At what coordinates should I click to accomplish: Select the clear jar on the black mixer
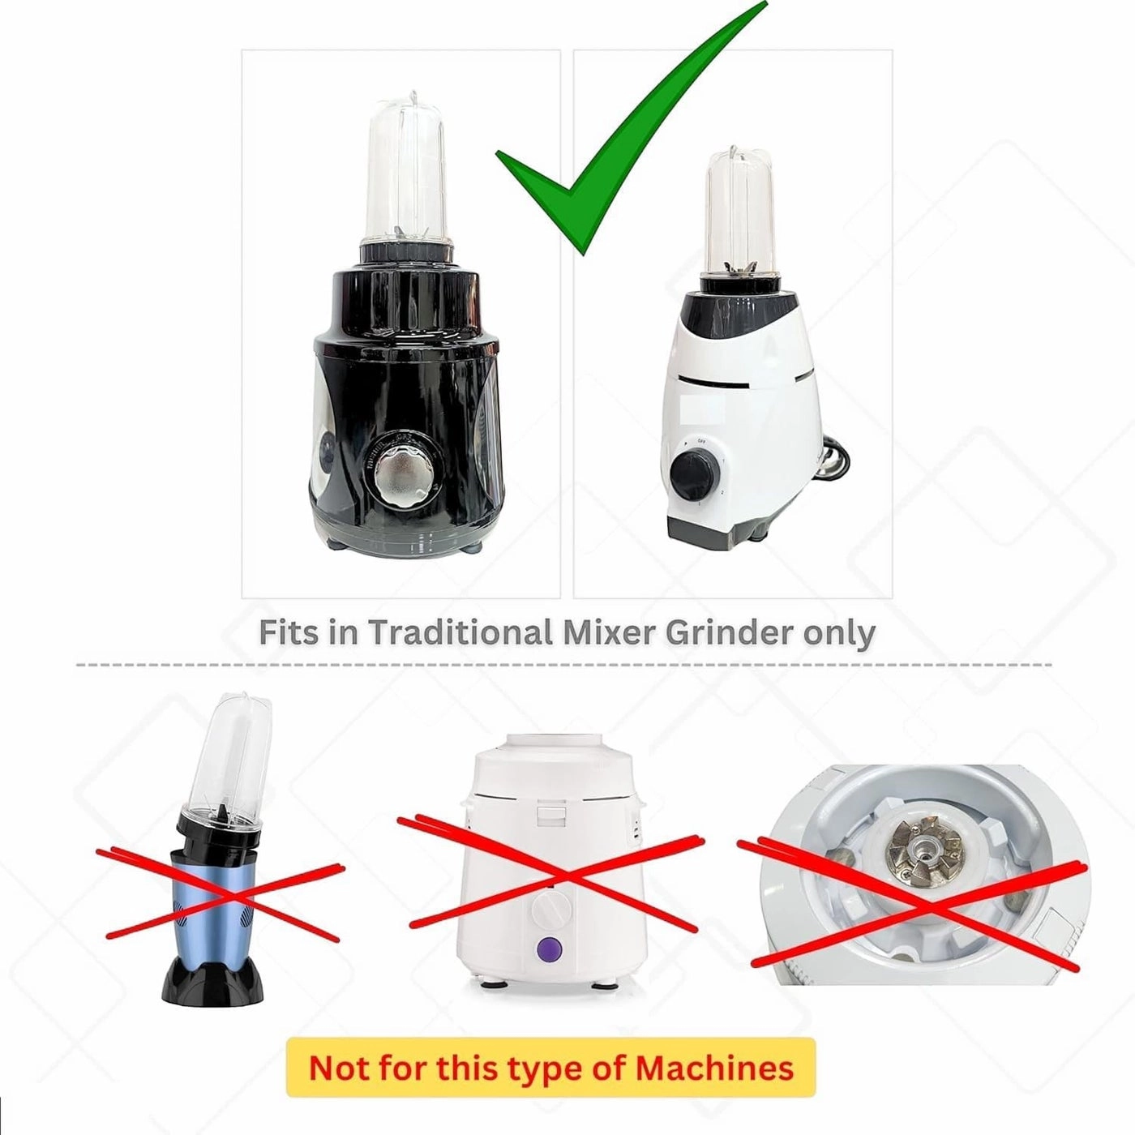(x=407, y=170)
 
